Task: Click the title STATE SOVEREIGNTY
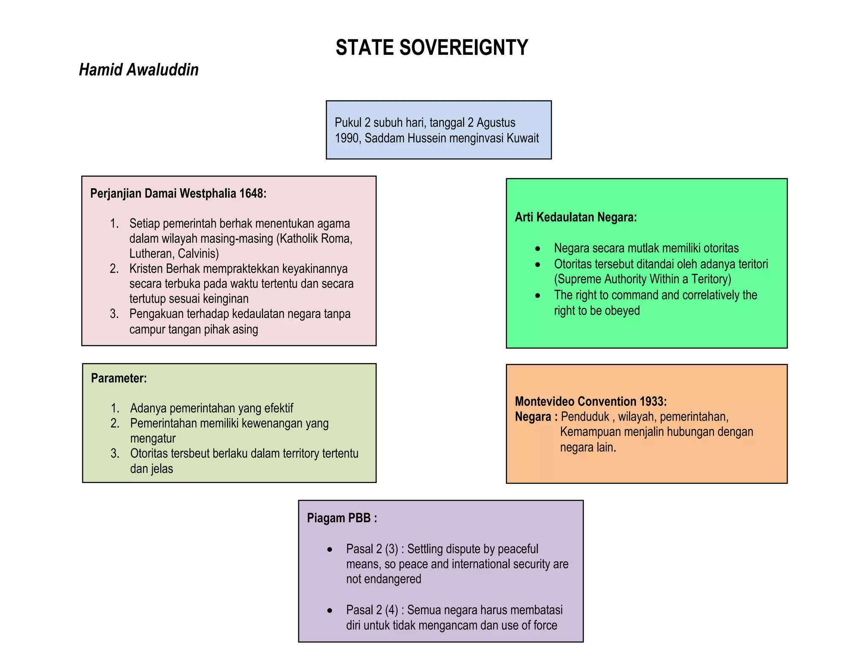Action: tap(432, 47)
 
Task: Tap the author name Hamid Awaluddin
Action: tap(139, 70)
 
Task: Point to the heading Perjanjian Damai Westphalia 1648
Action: tap(178, 193)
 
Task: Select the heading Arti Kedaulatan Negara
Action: tap(575, 217)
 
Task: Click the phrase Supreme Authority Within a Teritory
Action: tap(642, 279)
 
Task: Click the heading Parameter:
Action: tap(119, 378)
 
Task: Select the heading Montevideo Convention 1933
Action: tap(591, 401)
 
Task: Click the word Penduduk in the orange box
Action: tap(585, 417)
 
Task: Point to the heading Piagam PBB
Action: tap(342, 518)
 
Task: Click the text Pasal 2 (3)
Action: tap(372, 549)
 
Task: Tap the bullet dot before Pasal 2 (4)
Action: tap(329, 611)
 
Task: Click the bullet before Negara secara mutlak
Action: tap(537, 249)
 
